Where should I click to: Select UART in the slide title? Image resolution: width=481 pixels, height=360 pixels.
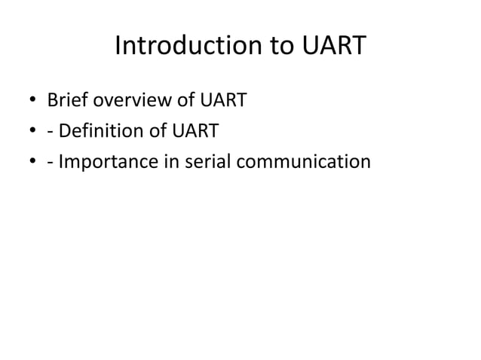click(x=332, y=47)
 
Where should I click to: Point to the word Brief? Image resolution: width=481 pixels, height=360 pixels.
click(x=67, y=101)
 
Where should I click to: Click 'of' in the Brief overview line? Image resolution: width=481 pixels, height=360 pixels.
click(x=179, y=101)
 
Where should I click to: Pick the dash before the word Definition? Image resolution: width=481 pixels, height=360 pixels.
click(x=51, y=133)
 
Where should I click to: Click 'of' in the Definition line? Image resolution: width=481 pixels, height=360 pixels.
click(x=156, y=132)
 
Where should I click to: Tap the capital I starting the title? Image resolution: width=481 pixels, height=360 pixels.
click(x=119, y=47)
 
